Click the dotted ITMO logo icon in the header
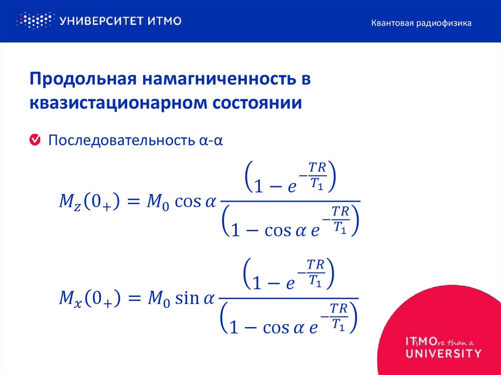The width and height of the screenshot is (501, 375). coord(34,21)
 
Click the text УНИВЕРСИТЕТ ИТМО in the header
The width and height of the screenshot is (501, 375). coord(120,21)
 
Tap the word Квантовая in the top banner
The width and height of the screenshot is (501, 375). coord(391,23)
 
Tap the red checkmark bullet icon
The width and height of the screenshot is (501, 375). coord(35,140)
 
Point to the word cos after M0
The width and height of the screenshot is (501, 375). coord(188,201)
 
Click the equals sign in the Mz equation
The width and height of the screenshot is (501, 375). coord(133,201)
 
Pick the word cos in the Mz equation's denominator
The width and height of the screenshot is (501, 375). coord(278,230)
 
